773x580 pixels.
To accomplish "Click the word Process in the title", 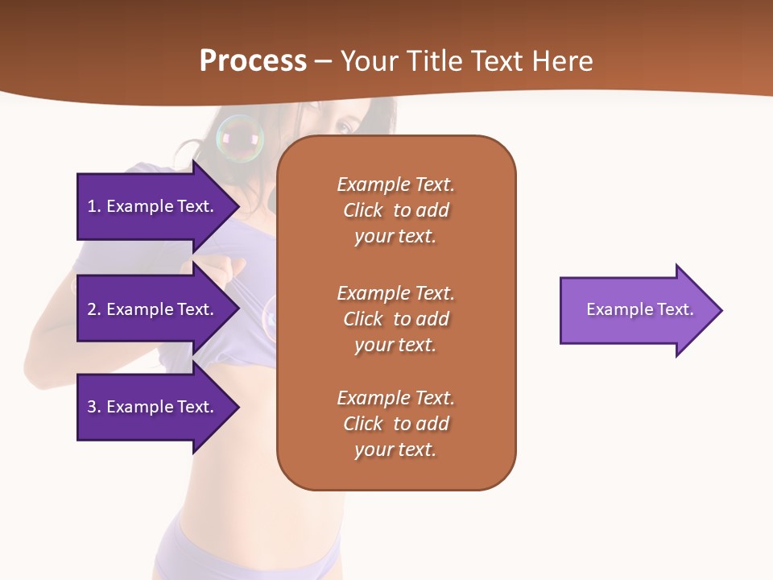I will click(253, 61).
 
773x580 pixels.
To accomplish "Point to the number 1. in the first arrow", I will click(94, 206).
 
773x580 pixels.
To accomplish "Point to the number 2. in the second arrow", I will click(94, 309).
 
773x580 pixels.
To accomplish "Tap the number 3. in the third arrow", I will click(94, 407).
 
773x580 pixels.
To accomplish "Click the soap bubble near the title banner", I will click(240, 139).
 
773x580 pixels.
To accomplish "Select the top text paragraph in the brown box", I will click(395, 210).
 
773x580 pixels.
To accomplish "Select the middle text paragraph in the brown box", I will click(395, 319).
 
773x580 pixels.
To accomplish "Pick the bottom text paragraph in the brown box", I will click(395, 424).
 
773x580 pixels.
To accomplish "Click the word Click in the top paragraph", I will click(363, 210).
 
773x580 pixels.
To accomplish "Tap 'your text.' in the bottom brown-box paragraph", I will click(395, 449).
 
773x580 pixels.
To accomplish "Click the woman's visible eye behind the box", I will click(344, 127).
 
